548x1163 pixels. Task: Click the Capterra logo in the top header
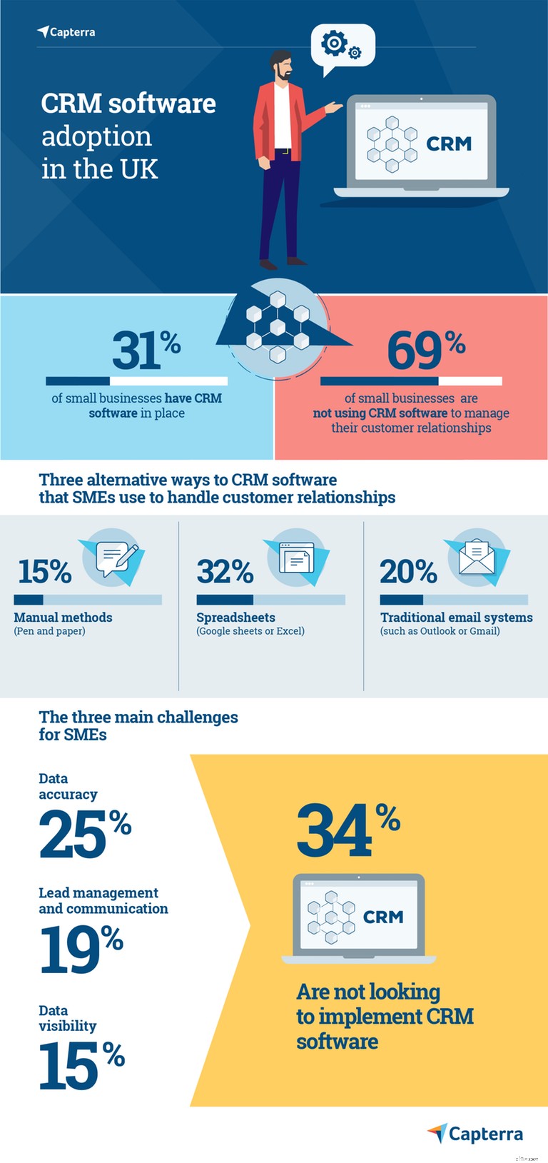point(66,32)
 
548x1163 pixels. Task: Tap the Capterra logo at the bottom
point(475,1133)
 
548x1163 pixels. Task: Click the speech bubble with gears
point(342,46)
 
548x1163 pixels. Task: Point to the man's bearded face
point(283,68)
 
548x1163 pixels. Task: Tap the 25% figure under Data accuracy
point(84,833)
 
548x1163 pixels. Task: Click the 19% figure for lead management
point(81,949)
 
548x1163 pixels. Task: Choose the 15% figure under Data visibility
point(81,1064)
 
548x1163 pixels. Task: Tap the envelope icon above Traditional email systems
point(477,558)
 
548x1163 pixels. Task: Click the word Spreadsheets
point(235,618)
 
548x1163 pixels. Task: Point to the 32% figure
point(225,572)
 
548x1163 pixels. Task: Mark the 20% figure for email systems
point(408,572)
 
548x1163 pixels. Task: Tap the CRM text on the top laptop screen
point(449,144)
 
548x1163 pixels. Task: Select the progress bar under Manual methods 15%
point(88,600)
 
